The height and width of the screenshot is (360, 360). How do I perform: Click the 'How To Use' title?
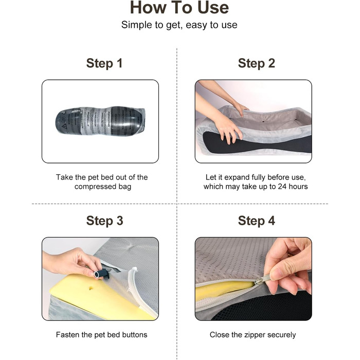pos(179,8)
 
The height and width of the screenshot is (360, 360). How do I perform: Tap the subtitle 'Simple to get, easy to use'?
pos(179,25)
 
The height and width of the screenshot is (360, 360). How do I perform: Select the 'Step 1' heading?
pos(104,63)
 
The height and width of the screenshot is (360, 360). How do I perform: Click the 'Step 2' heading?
pos(257,63)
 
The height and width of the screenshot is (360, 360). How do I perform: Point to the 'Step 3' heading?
pos(105,221)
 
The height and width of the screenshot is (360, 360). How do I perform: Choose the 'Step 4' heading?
pos(257,221)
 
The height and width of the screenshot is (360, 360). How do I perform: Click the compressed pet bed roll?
pos(100,120)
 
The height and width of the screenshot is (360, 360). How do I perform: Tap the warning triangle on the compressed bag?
pos(64,127)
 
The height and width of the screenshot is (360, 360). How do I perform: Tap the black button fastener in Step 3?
pos(101,273)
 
